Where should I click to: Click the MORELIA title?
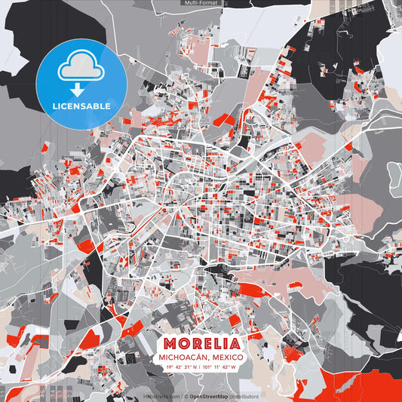click(x=201, y=343)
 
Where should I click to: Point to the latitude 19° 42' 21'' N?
click(x=183, y=367)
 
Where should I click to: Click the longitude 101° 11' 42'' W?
click(x=219, y=367)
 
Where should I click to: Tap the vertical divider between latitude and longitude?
click(x=201, y=367)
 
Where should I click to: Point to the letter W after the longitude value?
click(x=234, y=367)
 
